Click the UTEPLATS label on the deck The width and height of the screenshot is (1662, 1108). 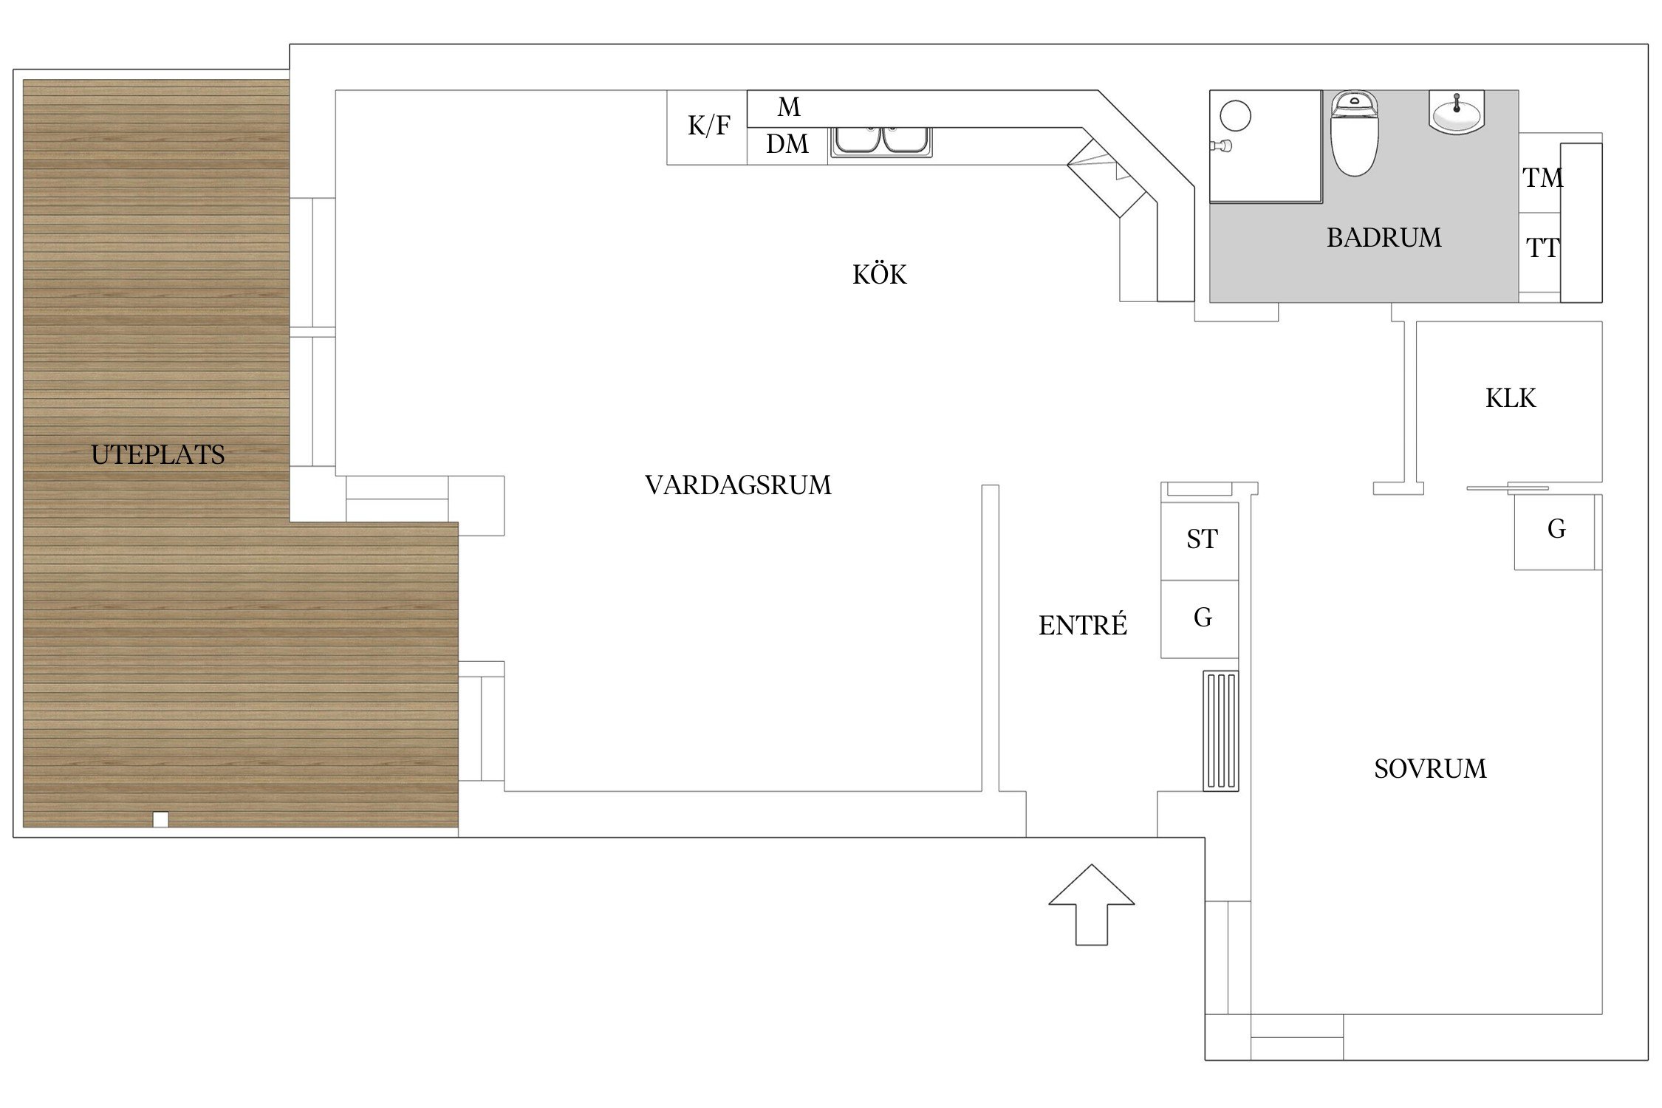pos(157,454)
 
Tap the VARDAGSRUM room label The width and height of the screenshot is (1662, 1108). pos(738,485)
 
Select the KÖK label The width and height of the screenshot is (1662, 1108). pos(879,275)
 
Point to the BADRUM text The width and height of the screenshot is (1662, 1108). pos(1384,238)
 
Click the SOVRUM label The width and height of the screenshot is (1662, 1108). pos(1430,769)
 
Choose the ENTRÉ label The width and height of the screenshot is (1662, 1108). pos(1083,626)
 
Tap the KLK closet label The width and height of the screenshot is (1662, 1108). pos(1511,398)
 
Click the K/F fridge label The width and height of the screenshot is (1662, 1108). pos(708,126)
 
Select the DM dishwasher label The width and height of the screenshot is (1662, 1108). pos(787,144)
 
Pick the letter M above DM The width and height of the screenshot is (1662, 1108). pos(789,108)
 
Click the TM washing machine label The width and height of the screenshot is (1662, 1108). pos(1542,178)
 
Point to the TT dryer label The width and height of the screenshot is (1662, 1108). pos(1542,248)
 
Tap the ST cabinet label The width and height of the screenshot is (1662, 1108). pos(1202,539)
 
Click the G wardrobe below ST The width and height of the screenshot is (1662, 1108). pos(1203,618)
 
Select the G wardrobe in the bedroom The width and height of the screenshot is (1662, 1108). pos(1556,529)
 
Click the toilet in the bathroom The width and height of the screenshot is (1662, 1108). pos(1354,137)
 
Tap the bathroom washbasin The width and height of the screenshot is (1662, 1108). pos(1457,113)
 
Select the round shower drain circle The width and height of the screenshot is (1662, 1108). pos(1235,116)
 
